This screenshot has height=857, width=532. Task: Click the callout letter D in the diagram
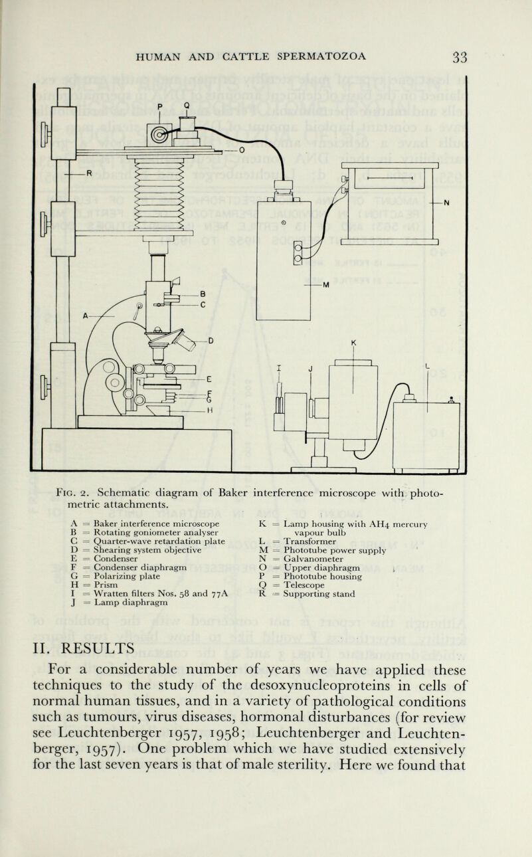pyautogui.click(x=212, y=341)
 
